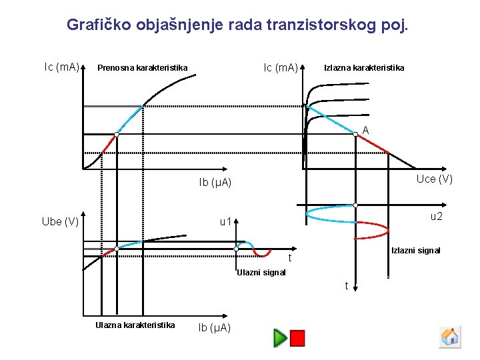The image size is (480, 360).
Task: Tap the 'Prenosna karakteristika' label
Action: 142,67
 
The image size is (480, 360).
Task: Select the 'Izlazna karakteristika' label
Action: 363,67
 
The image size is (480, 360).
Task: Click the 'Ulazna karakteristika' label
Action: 135,325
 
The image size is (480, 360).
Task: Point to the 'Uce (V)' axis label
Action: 434,179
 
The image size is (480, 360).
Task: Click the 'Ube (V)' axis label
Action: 60,221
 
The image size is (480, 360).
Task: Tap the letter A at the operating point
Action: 366,130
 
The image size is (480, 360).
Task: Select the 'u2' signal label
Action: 436,216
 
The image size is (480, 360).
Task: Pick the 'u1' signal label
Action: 226,221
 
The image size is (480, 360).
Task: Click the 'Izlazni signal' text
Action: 415,251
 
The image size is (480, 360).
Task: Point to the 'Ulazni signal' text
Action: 261,272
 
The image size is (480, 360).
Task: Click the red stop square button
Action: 297,338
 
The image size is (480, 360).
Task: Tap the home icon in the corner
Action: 450,337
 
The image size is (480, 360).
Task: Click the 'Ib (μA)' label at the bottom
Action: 215,327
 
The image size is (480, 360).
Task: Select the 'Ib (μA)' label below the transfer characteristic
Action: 215,182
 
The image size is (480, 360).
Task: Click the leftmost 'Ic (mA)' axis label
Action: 61,67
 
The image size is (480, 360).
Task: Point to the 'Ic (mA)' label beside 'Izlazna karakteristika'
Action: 281,67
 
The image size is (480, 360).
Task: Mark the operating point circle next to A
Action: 356,134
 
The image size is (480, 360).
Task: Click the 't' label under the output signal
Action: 347,286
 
